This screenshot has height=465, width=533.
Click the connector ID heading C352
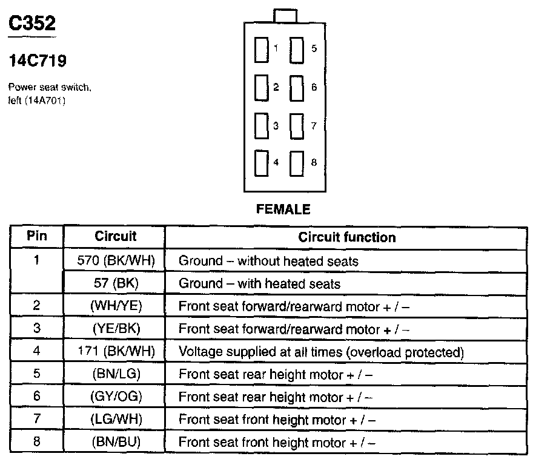pos(32,23)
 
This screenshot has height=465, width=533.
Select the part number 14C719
pos(38,61)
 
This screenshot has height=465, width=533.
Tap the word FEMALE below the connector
pos(283,209)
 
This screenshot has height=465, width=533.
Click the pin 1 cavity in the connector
pos(262,50)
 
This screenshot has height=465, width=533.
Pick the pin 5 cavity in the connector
pos(296,50)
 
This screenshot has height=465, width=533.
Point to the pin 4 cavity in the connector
pos(262,163)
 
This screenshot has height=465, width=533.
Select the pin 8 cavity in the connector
pos(296,164)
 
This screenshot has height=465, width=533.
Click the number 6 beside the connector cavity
pos(314,87)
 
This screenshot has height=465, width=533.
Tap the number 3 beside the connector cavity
pos(276,126)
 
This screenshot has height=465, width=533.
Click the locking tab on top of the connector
pos(285,16)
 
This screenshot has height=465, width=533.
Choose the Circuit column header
pos(116,236)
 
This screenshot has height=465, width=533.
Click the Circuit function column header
pos(347,237)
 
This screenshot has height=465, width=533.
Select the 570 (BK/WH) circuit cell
pos(116,260)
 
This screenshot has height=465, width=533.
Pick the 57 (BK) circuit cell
pos(116,283)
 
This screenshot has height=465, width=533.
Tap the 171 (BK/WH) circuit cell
pos(116,351)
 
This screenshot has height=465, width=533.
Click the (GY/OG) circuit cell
pos(116,397)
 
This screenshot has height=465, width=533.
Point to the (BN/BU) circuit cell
pos(116,441)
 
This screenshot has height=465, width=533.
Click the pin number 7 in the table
pos(37,418)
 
